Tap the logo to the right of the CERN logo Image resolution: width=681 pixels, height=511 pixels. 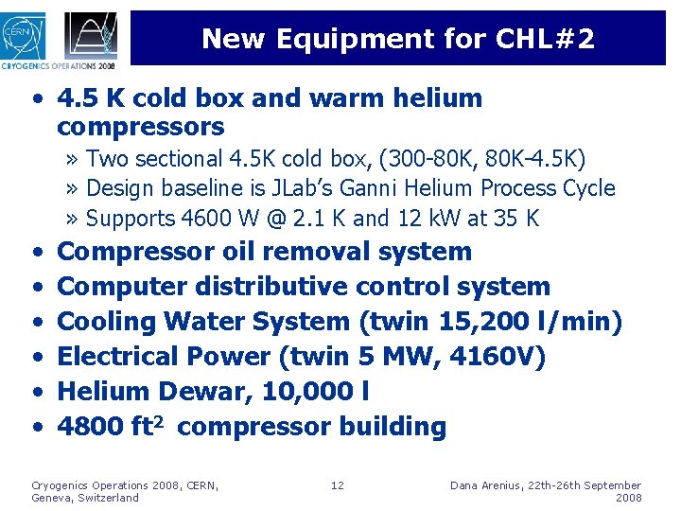pos(91,35)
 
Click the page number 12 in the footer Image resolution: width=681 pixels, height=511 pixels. pos(338,485)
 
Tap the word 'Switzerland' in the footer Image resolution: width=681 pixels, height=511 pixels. pos(108,498)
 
